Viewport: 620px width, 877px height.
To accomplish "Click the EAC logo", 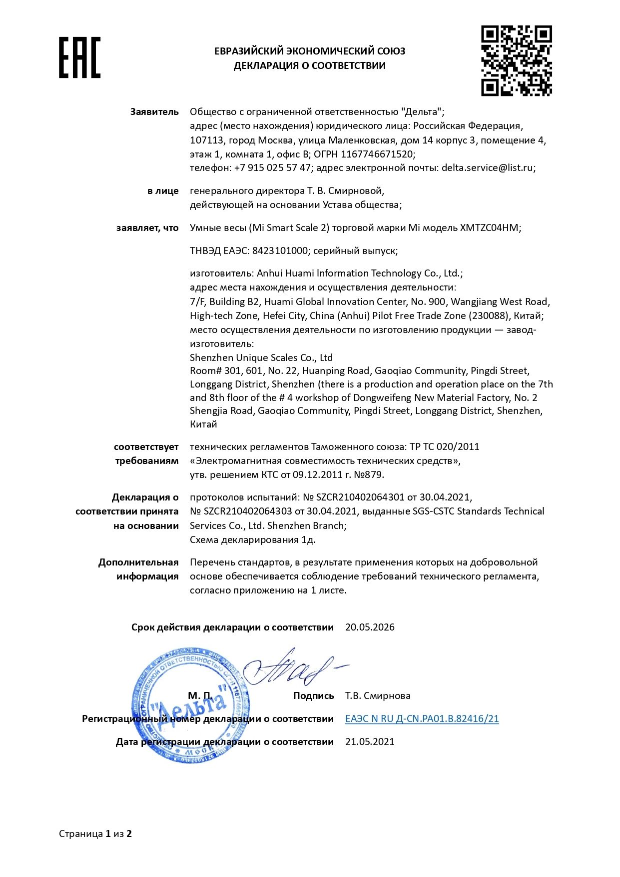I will (x=79, y=57).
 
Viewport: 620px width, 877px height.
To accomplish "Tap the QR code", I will (x=516, y=60).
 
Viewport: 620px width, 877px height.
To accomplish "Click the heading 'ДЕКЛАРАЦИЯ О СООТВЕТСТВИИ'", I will (x=309, y=65).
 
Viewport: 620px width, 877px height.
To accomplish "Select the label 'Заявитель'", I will (x=154, y=111).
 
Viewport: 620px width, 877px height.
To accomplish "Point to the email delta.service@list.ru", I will (x=487, y=167).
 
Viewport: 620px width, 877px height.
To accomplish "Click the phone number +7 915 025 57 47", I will (x=272, y=167).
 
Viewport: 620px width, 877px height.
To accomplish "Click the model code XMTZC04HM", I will (x=489, y=227).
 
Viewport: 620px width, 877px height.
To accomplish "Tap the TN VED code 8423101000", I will (x=280, y=250).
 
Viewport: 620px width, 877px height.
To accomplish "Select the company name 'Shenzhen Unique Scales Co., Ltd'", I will (x=261, y=357).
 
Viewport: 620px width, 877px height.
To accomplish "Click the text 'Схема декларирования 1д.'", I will (x=252, y=539).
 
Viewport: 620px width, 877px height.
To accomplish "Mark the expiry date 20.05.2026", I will (x=370, y=627).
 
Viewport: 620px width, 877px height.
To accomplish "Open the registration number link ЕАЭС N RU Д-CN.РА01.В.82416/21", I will (x=422, y=718).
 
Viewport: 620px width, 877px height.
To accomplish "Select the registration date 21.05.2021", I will (x=370, y=741).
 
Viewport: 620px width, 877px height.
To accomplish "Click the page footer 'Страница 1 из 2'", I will (x=95, y=833).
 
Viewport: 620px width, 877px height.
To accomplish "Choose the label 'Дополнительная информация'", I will (x=138, y=569).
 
